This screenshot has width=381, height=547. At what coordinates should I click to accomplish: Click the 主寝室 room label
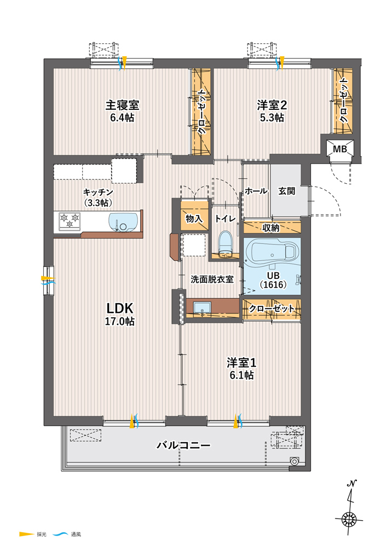pos(122,105)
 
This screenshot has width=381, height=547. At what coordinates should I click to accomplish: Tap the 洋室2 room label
pos(272,105)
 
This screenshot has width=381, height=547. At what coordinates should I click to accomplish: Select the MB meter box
pos(340,149)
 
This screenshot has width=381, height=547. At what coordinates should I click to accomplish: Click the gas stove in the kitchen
pos(70,221)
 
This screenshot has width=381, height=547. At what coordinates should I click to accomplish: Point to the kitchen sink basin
pos(123,222)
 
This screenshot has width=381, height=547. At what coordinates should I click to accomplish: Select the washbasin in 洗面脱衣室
pos(202,309)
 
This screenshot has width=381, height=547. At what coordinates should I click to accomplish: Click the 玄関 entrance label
pos(286,191)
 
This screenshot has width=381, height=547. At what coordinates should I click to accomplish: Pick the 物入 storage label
pos(194,219)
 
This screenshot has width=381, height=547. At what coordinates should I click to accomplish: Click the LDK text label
pos(120,309)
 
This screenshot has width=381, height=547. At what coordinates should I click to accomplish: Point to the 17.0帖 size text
pos(120,321)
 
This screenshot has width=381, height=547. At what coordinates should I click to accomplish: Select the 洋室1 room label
pos(241,363)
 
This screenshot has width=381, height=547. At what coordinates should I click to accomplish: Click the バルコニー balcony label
pos(183,445)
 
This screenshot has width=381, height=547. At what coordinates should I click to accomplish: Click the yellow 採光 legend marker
pos(26,534)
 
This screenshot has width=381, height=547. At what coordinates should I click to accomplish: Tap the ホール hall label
pos(256,191)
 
